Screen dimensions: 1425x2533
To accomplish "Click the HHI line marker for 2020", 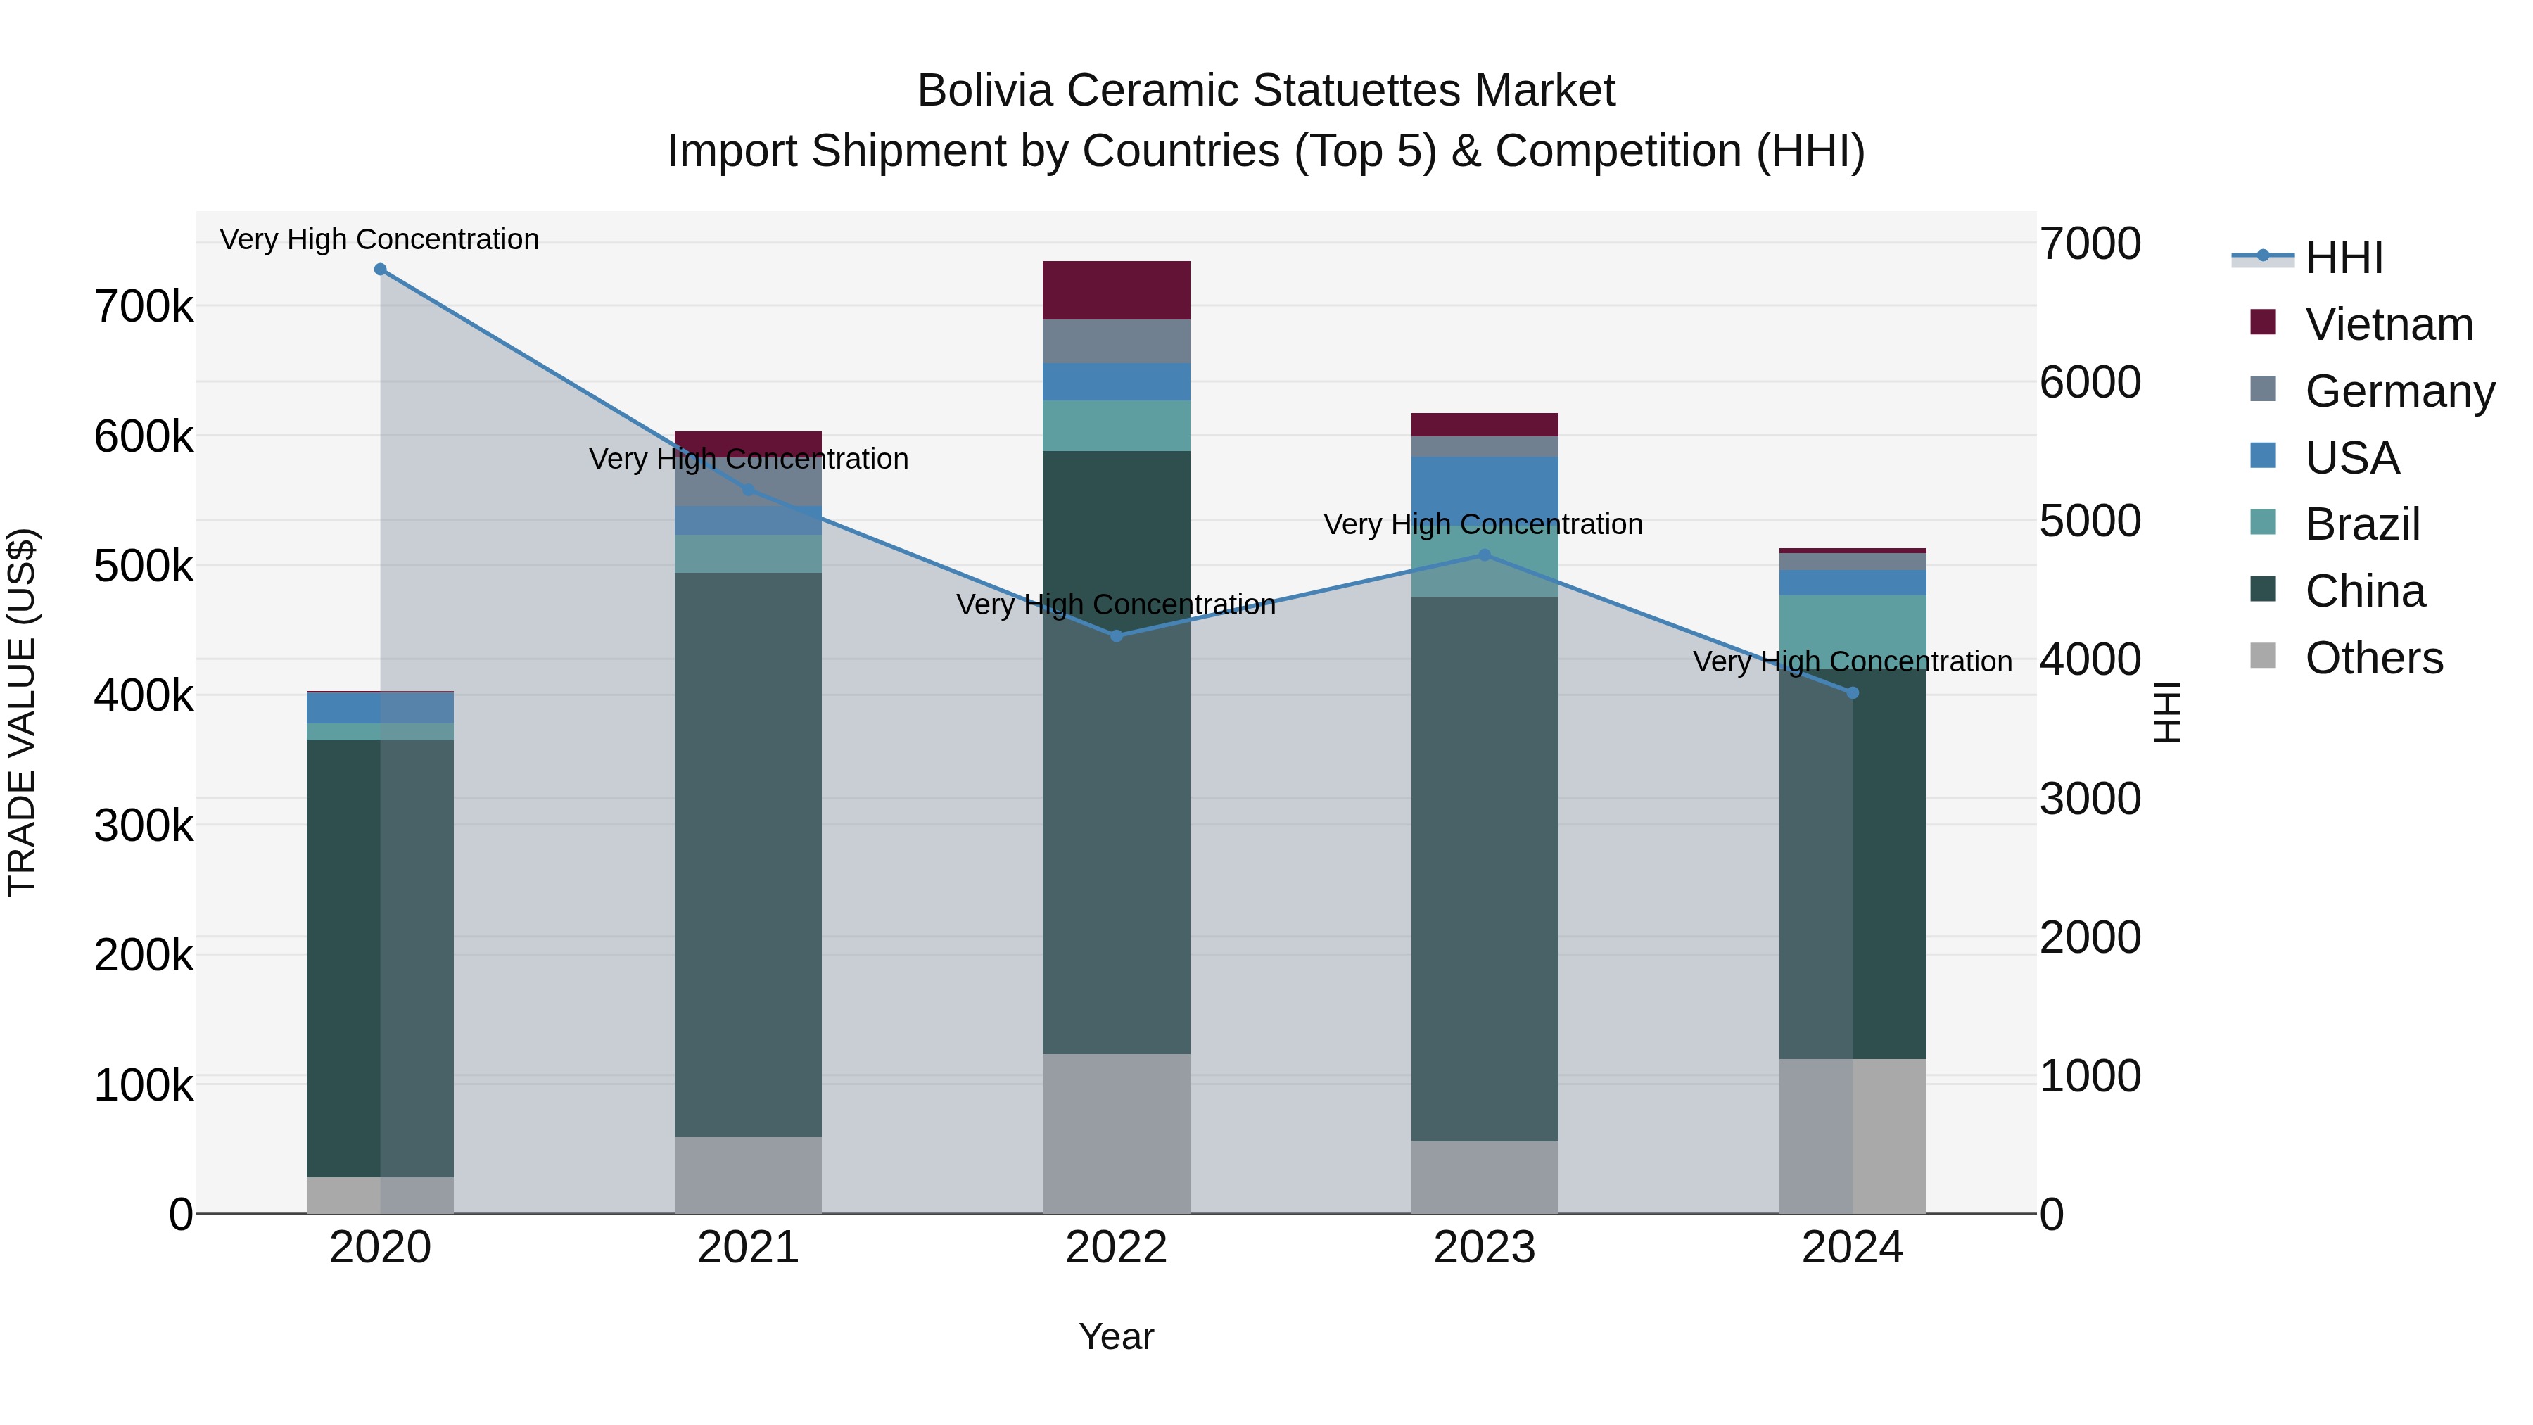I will pyautogui.click(x=381, y=270).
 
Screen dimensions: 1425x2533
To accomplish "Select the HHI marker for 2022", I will pyautogui.click(x=1116, y=636).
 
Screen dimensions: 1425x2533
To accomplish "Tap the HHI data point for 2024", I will pyautogui.click(x=1853, y=693).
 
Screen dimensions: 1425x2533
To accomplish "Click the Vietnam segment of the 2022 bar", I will pyautogui.click(x=1116, y=290).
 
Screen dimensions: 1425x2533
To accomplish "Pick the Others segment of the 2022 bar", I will pyautogui.click(x=1116, y=1133).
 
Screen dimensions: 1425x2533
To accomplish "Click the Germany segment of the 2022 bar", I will pyautogui.click(x=1116, y=341).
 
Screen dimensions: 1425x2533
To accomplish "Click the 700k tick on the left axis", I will pyautogui.click(x=144, y=307).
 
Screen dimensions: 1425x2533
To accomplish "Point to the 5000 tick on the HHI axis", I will pyautogui.click(x=2090, y=521).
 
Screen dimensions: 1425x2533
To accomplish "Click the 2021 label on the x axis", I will pyautogui.click(x=749, y=1248).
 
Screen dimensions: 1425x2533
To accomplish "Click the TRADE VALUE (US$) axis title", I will pyautogui.click(x=22, y=712).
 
